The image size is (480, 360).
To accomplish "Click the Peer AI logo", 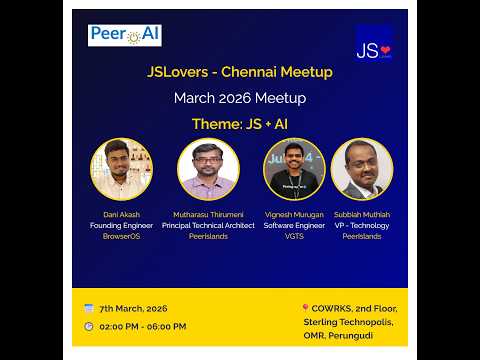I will pyautogui.click(x=125, y=36).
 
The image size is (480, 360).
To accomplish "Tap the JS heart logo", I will pyautogui.click(x=373, y=45).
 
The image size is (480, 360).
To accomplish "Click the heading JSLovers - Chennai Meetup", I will pyautogui.click(x=240, y=73).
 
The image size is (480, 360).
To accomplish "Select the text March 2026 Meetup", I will pyautogui.click(x=240, y=98).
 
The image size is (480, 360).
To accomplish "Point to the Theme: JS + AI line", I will pyautogui.click(x=240, y=124).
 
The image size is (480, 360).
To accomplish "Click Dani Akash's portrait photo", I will pyautogui.click(x=121, y=169).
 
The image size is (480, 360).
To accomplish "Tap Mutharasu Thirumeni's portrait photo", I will pyautogui.click(x=208, y=169).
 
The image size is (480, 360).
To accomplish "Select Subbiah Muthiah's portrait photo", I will pyautogui.click(x=362, y=169).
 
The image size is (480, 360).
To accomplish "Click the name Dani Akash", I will pyautogui.click(x=121, y=215).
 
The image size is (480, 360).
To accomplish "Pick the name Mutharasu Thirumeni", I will pyautogui.click(x=208, y=215).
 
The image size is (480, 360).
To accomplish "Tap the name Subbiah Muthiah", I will pyautogui.click(x=362, y=215).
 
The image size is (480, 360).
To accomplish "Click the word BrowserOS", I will pyautogui.click(x=121, y=237).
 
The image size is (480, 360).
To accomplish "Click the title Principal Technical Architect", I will pyautogui.click(x=208, y=226).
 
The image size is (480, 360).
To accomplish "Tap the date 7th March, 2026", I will pyautogui.click(x=133, y=308).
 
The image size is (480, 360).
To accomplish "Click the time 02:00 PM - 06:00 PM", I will pyautogui.click(x=142, y=326).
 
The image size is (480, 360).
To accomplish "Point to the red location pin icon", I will pyautogui.click(x=305, y=309).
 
